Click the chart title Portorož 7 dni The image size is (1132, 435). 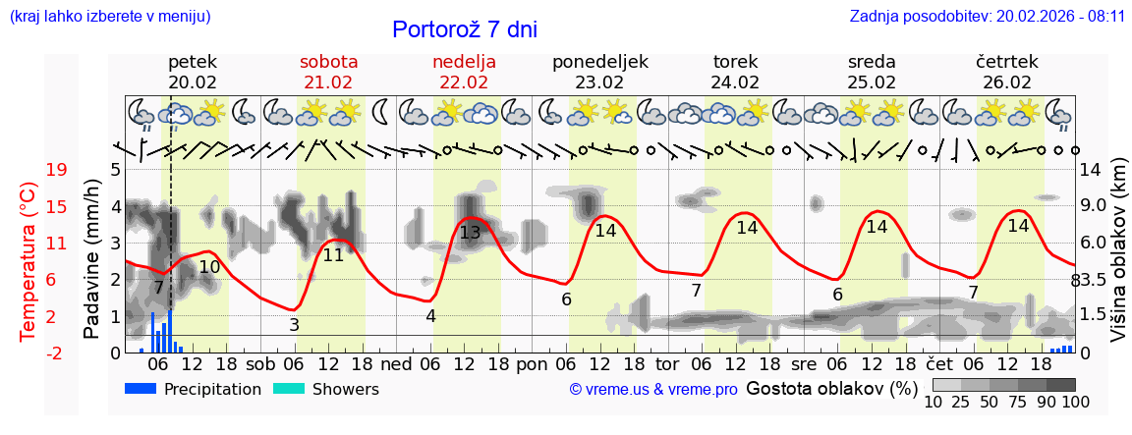click(x=464, y=29)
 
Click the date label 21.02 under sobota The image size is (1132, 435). click(x=328, y=82)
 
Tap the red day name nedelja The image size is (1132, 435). click(x=464, y=62)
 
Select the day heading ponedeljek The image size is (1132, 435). click(x=599, y=62)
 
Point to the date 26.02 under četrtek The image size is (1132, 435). click(x=1007, y=82)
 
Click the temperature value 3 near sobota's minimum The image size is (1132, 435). click(x=294, y=324)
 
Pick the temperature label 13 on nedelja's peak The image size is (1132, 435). click(x=470, y=233)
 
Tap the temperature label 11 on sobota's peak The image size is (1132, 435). click(x=333, y=255)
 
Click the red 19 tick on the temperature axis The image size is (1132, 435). click(x=56, y=170)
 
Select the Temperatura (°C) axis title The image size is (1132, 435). click(x=28, y=260)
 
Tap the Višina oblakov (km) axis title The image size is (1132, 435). click(x=1118, y=260)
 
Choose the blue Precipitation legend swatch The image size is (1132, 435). click(x=141, y=389)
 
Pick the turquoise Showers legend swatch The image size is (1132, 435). click(x=288, y=389)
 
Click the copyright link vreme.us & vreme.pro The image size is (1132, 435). click(x=653, y=390)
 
